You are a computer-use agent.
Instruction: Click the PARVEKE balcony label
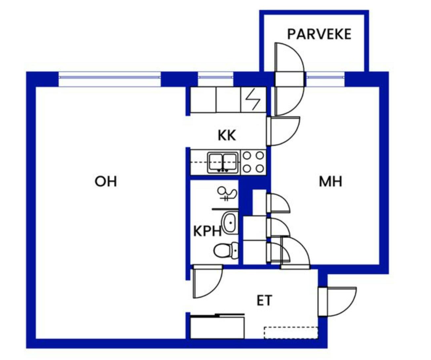pyautogui.click(x=319, y=34)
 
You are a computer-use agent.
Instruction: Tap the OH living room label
pyautogui.click(x=106, y=181)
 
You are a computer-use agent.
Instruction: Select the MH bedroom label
pyautogui.click(x=330, y=181)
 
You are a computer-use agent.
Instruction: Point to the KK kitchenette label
pyautogui.click(x=227, y=135)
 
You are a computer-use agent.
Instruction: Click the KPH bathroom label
pyautogui.click(x=207, y=231)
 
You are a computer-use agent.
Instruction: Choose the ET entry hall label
pyautogui.click(x=264, y=301)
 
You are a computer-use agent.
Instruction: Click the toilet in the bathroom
pyautogui.click(x=225, y=250)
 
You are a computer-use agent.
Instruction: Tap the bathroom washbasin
pyautogui.click(x=230, y=222)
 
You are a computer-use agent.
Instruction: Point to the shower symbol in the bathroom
pyautogui.click(x=227, y=194)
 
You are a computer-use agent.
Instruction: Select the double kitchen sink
pyautogui.click(x=222, y=162)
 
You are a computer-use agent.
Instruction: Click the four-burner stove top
pyautogui.click(x=254, y=162)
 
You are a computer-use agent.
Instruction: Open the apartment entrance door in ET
pyautogui.click(x=337, y=301)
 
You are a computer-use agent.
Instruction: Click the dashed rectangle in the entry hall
pyautogui.click(x=291, y=333)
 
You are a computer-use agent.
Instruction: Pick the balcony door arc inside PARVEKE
pyautogui.click(x=289, y=58)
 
